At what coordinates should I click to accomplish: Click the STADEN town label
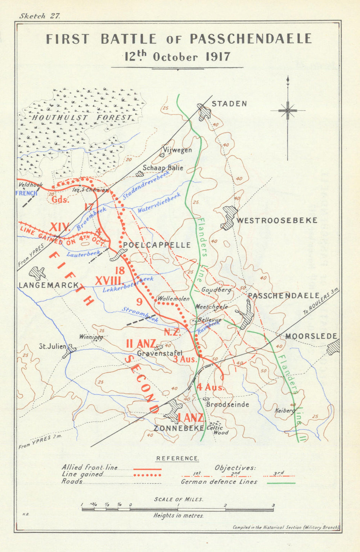[x=229, y=104]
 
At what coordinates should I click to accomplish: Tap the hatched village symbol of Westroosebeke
[x=229, y=217]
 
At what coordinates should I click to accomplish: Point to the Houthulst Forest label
[x=81, y=117]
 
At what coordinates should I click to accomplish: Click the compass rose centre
[x=288, y=110]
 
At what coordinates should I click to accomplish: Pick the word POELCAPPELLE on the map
[x=157, y=245]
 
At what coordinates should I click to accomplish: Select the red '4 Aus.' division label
[x=211, y=388]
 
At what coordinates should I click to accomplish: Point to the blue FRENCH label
[x=27, y=193]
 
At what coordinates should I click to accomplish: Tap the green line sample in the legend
[x=282, y=483]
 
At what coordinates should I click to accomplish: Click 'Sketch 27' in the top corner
[x=40, y=16]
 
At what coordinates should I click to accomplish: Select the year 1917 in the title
[x=218, y=57]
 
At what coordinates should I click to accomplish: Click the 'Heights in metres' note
[x=178, y=516]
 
